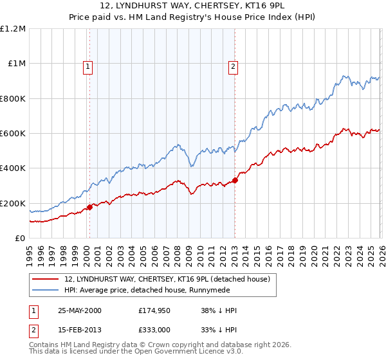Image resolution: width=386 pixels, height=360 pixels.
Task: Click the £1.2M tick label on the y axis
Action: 13,29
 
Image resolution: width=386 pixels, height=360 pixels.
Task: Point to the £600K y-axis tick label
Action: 13,134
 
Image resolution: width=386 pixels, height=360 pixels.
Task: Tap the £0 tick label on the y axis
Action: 19,239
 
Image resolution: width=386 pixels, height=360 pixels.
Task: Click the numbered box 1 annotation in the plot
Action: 87,65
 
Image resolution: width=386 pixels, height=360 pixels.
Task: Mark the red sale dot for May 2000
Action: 89,208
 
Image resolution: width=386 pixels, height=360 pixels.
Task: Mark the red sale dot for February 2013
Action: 235,180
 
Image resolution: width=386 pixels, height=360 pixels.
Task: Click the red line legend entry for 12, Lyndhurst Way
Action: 170,279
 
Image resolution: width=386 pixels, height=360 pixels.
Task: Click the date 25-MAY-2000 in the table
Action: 80,310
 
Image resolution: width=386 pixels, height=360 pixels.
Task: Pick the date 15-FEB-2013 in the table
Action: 79,331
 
